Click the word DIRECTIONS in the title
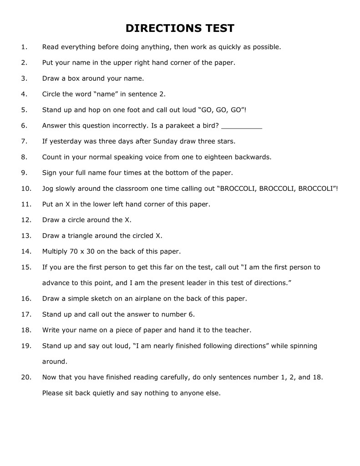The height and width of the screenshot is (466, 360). point(158,29)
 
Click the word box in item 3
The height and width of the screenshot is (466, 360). point(80,78)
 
